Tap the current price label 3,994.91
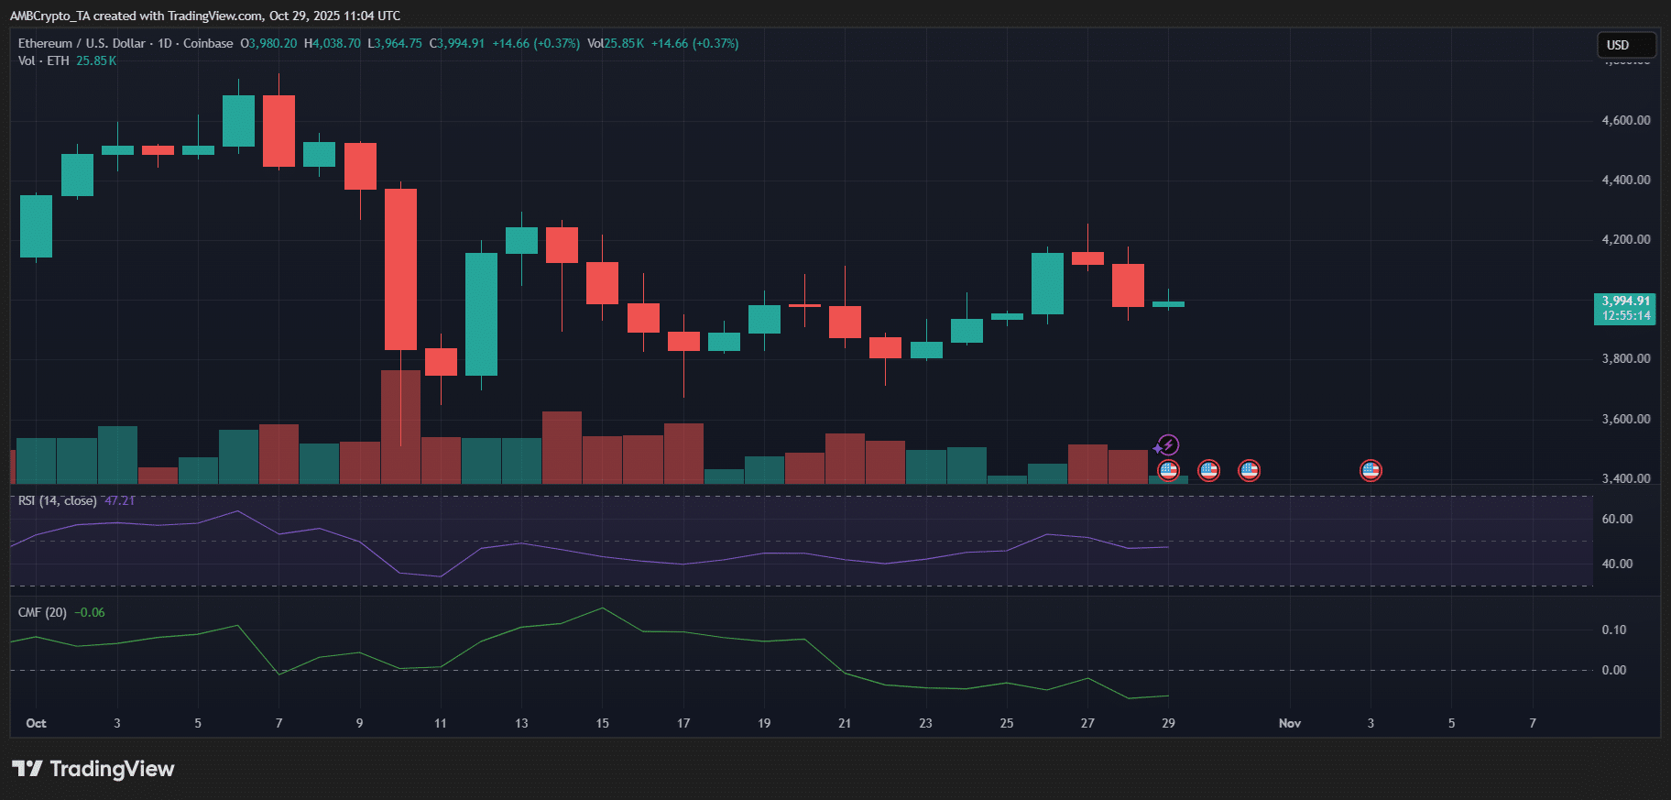coord(1626,301)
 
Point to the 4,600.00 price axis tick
coord(1626,120)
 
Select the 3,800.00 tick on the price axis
coord(1626,358)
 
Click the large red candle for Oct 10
coord(400,268)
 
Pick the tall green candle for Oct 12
coord(481,313)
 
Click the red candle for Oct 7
coord(278,131)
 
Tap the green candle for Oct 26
coord(1047,283)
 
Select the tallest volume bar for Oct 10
coord(400,426)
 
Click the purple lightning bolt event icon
coord(1168,445)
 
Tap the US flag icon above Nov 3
coord(1371,471)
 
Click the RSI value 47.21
coord(120,500)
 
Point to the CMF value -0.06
coord(90,612)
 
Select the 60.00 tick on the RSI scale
coord(1617,519)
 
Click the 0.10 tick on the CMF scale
coord(1614,630)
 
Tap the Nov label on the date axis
coord(1290,723)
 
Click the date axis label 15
coord(602,723)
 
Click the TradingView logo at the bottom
coord(93,769)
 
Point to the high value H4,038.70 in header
coord(333,43)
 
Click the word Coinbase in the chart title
coord(208,43)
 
